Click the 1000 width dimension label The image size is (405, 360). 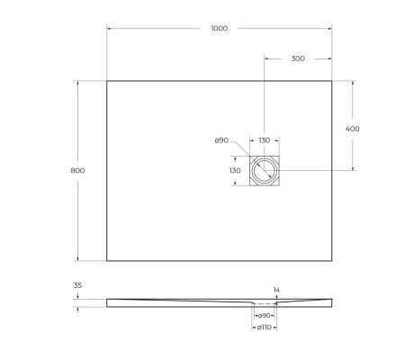click(219, 28)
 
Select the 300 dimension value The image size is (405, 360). click(298, 58)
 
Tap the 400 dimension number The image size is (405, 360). click(353, 129)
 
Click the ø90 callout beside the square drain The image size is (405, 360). click(221, 140)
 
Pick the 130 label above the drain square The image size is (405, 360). click(265, 140)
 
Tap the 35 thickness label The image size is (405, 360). click(77, 286)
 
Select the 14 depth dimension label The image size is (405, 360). click(276, 290)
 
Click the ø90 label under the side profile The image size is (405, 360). click(265, 316)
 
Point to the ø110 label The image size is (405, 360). click(265, 327)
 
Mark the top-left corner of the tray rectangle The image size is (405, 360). click(107, 82)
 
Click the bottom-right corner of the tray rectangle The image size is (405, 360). click(332, 261)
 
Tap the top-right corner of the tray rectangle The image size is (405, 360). click(332, 82)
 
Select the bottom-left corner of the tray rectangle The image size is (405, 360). click(107, 261)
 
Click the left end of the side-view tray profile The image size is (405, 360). click(107, 302)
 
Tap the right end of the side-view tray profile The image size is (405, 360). click(332, 302)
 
